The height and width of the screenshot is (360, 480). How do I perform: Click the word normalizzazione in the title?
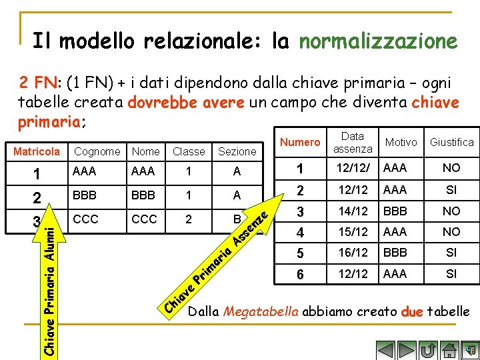(378, 42)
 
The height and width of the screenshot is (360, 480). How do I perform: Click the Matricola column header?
(37, 151)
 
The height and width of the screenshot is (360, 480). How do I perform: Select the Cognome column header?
(97, 151)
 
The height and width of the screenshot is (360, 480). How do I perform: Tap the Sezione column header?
(237, 151)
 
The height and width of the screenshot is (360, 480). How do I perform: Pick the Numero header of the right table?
(300, 142)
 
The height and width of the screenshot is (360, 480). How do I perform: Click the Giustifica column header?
(451, 142)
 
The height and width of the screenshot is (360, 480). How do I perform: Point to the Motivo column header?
(401, 142)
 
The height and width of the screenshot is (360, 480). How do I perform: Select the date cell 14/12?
(353, 211)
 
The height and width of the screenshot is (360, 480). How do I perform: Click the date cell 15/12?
(353, 232)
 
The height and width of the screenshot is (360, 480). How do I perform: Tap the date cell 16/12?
(353, 253)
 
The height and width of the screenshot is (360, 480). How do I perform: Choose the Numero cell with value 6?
(300, 275)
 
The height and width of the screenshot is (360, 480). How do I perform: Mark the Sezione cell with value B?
(237, 218)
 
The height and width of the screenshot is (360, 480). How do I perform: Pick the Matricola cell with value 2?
(37, 197)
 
